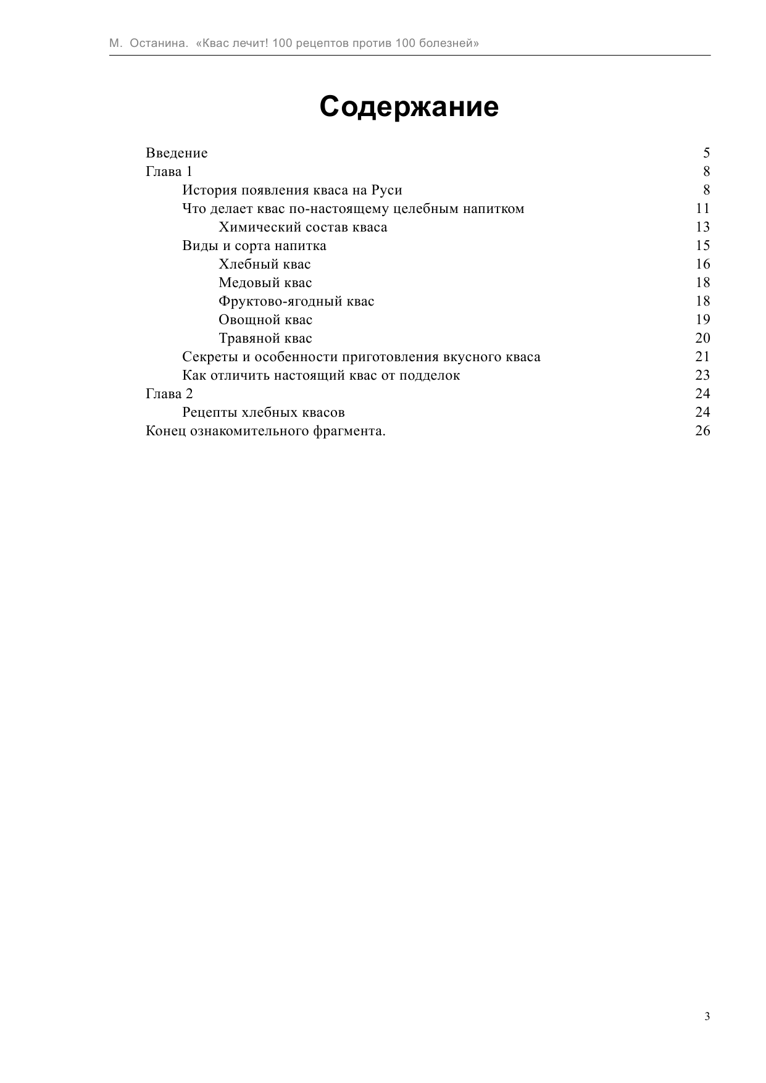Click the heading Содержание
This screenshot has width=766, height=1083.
tap(409, 107)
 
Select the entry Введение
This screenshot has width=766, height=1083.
tap(177, 153)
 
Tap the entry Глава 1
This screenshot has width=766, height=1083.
tap(169, 172)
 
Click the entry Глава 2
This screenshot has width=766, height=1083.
tap(169, 394)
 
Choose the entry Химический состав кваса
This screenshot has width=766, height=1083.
tap(302, 227)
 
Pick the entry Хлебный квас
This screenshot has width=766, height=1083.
tap(264, 264)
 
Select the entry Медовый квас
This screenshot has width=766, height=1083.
tap(265, 283)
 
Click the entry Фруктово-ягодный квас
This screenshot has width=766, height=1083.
tap(296, 301)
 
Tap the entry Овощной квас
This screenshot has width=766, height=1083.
tap(265, 320)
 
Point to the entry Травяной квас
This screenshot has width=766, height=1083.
tap(265, 338)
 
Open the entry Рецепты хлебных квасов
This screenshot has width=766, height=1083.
tap(263, 412)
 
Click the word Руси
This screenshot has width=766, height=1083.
tap(386, 190)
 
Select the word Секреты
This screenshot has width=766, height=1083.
tap(207, 357)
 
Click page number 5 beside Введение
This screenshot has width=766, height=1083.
tap(706, 153)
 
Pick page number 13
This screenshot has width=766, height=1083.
tap(702, 227)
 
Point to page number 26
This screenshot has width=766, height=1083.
tap(702, 431)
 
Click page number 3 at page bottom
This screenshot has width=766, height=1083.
tap(707, 1016)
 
